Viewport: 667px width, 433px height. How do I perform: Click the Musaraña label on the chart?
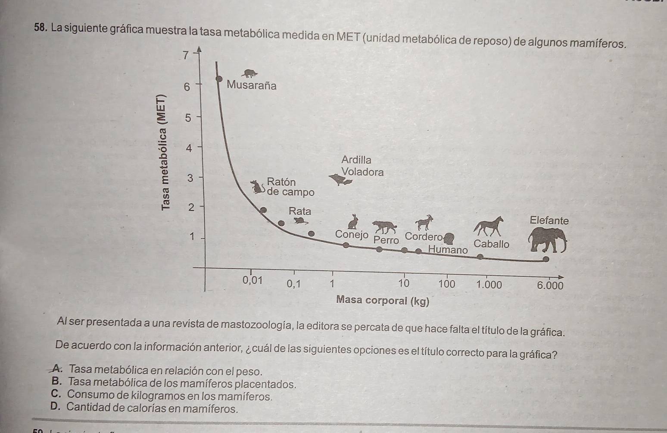click(251, 85)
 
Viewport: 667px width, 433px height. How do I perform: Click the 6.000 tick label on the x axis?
click(550, 285)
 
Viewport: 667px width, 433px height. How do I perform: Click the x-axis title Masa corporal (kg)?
click(383, 301)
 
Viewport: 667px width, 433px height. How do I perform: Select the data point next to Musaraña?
click(219, 79)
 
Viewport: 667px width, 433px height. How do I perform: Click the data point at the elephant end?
click(545, 259)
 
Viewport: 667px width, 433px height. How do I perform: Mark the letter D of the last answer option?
click(54, 407)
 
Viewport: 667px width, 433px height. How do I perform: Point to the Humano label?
click(448, 250)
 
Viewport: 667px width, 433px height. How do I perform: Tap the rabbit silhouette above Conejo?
click(353, 222)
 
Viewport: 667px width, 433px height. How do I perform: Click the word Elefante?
click(549, 220)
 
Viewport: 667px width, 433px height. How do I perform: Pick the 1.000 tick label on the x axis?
click(489, 285)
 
